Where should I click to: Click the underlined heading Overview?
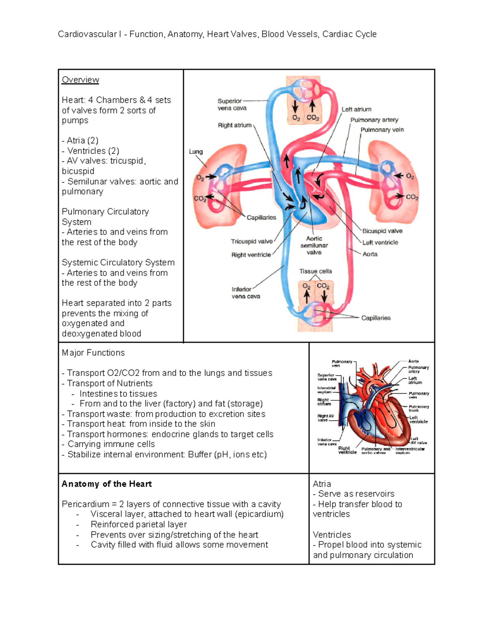(80, 80)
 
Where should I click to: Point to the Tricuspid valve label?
(251, 242)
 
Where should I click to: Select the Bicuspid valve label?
(382, 231)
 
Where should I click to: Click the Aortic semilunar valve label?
(314, 245)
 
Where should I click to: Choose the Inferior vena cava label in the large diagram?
(246, 293)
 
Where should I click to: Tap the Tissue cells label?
(315, 271)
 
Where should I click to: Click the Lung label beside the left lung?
(196, 152)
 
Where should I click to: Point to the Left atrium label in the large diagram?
(356, 109)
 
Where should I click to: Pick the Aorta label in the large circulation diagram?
(370, 254)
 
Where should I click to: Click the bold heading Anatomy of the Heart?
(107, 484)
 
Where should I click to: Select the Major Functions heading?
(93, 353)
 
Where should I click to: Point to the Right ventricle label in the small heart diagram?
(347, 450)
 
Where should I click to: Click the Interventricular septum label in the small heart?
(410, 450)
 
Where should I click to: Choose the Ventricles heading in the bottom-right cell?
(332, 534)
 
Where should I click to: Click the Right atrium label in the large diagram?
(235, 125)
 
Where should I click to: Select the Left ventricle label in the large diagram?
(380, 242)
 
